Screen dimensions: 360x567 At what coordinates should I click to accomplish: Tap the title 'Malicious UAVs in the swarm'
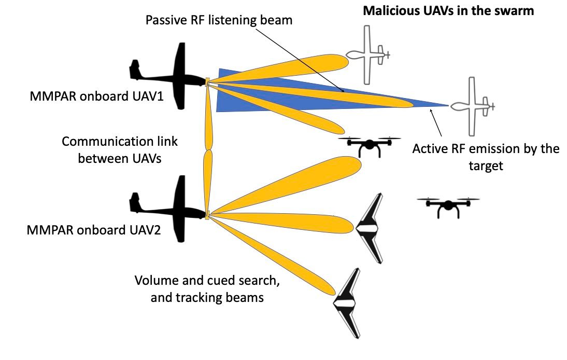click(447, 10)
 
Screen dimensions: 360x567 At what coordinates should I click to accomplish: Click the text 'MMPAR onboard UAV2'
click(94, 229)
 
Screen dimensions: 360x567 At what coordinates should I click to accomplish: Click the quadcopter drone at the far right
click(448, 206)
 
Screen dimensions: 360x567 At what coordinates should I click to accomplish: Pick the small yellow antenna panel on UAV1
click(207, 81)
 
